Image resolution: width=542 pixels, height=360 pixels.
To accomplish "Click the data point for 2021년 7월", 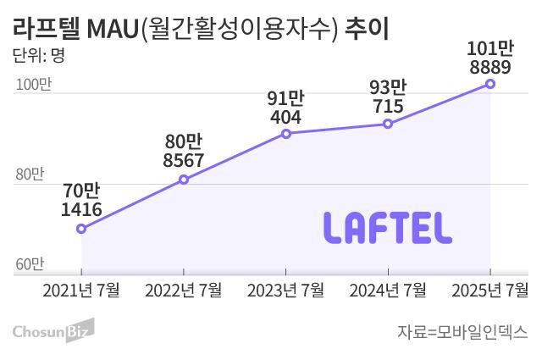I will click(x=81, y=229).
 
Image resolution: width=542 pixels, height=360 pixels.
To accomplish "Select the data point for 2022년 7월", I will click(x=184, y=180).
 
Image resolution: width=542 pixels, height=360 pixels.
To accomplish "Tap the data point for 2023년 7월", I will click(x=286, y=134).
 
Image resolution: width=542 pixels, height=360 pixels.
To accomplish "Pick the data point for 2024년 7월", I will click(x=388, y=124).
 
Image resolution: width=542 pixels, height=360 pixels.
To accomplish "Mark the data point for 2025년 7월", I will click(x=490, y=84).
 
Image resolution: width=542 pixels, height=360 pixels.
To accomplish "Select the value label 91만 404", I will click(x=286, y=106).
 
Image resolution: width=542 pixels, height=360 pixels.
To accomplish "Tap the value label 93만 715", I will click(x=388, y=96).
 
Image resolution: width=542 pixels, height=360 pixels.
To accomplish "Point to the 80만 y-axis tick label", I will click(x=29, y=174).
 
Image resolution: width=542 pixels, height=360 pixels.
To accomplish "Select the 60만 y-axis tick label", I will click(x=29, y=264).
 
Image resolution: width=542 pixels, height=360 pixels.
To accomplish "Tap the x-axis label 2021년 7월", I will click(x=81, y=291).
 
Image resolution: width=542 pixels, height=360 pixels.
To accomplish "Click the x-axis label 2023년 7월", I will click(x=286, y=291).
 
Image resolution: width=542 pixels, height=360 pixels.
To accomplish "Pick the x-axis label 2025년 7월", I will click(x=490, y=291).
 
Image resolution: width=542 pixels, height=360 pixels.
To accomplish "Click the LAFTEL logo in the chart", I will click(x=388, y=226).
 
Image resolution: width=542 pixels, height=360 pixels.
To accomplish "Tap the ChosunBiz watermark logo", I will click(x=53, y=330).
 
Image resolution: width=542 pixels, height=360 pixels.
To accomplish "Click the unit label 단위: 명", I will click(x=39, y=57).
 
